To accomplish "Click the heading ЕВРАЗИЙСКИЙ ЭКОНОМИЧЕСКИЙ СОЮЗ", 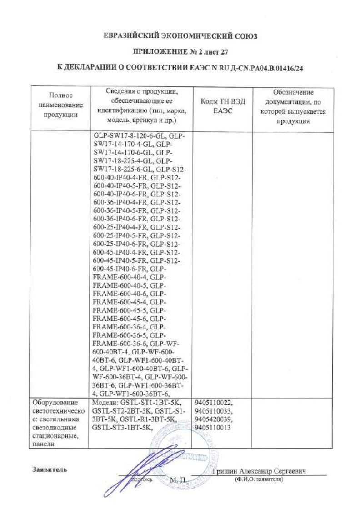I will [x=180, y=36].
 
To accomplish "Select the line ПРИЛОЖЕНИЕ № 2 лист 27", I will [x=180, y=52].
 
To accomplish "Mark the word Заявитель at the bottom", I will [x=50, y=469].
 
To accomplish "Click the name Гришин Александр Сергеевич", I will [x=259, y=471].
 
